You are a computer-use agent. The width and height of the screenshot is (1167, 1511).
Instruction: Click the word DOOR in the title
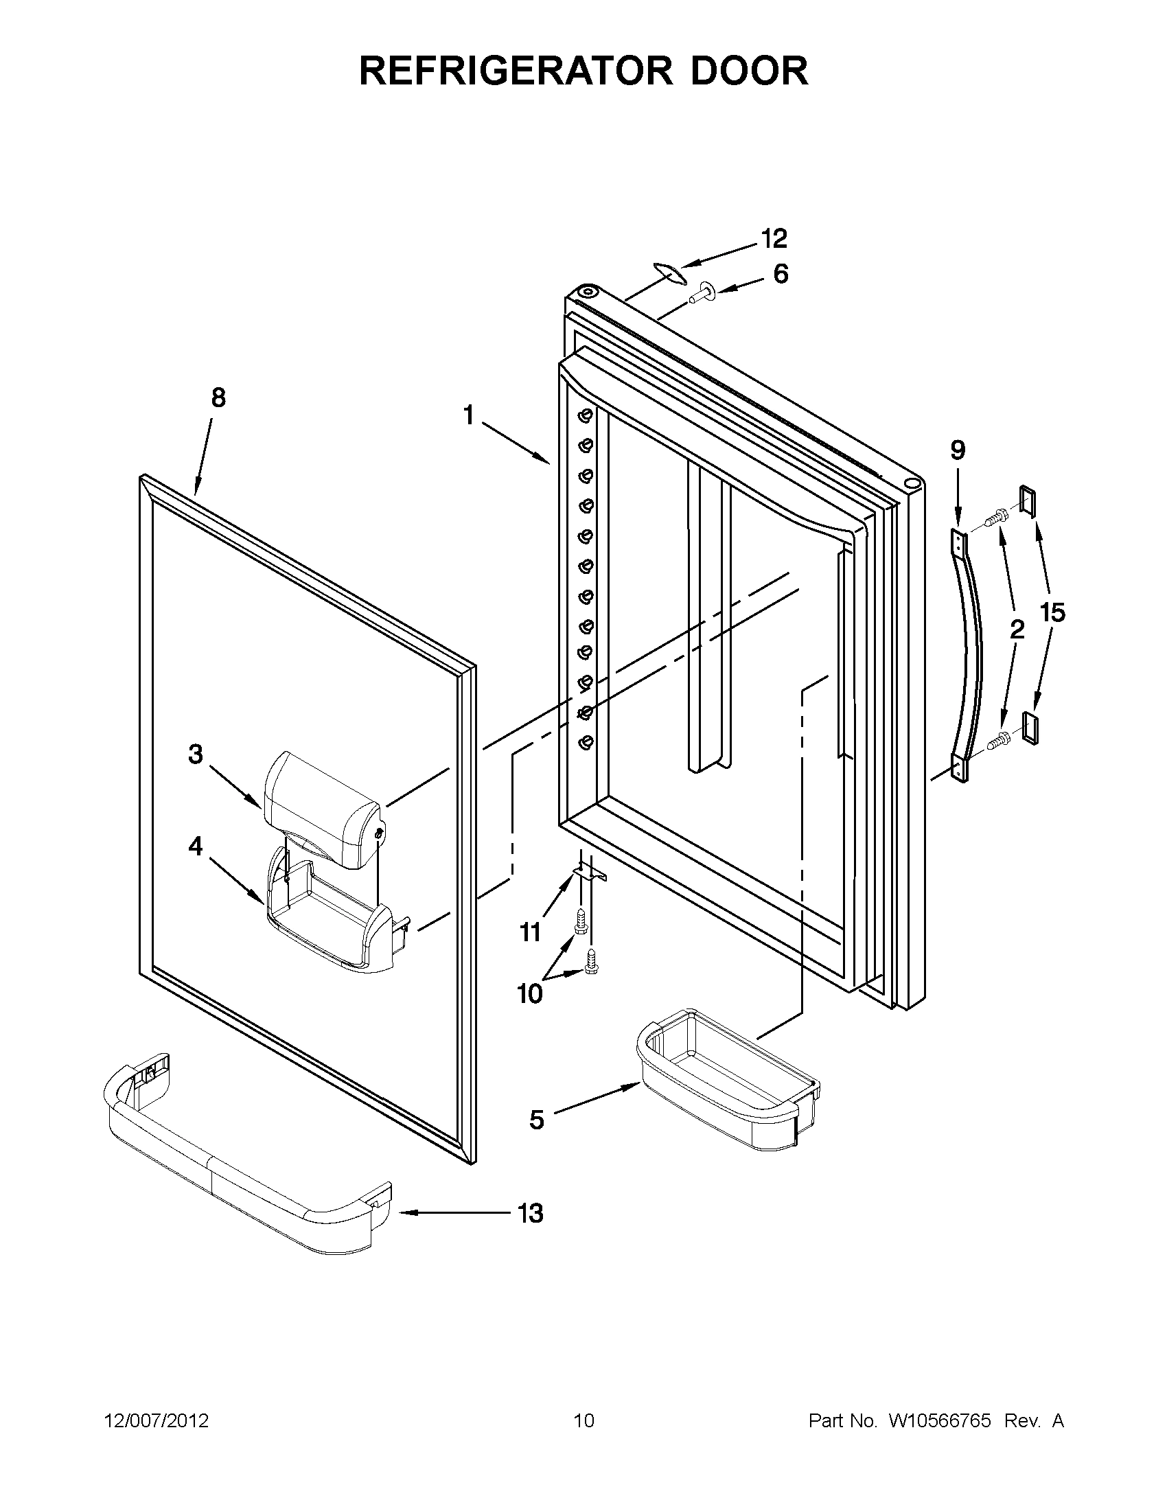(749, 71)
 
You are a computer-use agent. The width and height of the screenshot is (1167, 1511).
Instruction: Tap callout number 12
(774, 239)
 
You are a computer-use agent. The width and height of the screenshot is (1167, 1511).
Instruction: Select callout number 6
(780, 275)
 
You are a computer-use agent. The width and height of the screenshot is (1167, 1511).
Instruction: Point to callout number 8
(218, 397)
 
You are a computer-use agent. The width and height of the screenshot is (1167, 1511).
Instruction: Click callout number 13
(531, 1213)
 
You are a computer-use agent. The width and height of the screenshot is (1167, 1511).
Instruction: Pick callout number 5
(537, 1119)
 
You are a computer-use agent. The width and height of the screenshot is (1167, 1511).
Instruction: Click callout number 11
(530, 932)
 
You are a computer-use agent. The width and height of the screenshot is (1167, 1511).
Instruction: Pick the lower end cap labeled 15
(1030, 728)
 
